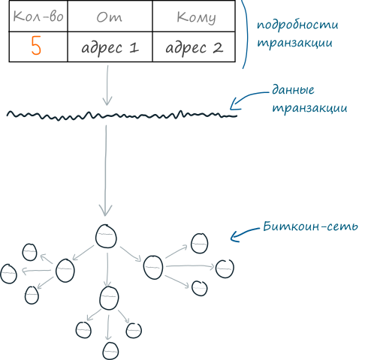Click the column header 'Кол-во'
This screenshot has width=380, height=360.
(38, 17)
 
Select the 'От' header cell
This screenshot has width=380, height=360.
(110, 17)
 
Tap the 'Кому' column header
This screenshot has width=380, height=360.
(196, 18)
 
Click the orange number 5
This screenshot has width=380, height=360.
(36, 46)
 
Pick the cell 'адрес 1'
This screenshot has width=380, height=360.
(110, 47)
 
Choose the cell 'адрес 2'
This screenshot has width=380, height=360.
(195, 47)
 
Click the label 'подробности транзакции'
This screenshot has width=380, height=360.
(297, 34)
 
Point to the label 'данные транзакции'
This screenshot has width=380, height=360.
(309, 99)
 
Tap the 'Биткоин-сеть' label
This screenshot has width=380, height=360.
(310, 226)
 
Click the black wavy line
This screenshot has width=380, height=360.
(122, 115)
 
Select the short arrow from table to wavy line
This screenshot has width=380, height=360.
(107, 85)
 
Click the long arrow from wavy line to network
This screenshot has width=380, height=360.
(105, 170)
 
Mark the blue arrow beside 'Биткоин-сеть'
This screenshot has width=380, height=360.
(244, 234)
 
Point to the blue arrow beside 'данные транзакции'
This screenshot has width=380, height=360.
(248, 99)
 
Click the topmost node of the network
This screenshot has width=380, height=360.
(106, 236)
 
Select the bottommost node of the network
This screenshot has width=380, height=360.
(110, 351)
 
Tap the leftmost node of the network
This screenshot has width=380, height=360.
(8, 274)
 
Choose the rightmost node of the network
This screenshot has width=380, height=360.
(225, 268)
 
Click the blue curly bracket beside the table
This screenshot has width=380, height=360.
(246, 34)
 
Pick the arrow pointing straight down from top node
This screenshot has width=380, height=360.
(107, 270)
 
